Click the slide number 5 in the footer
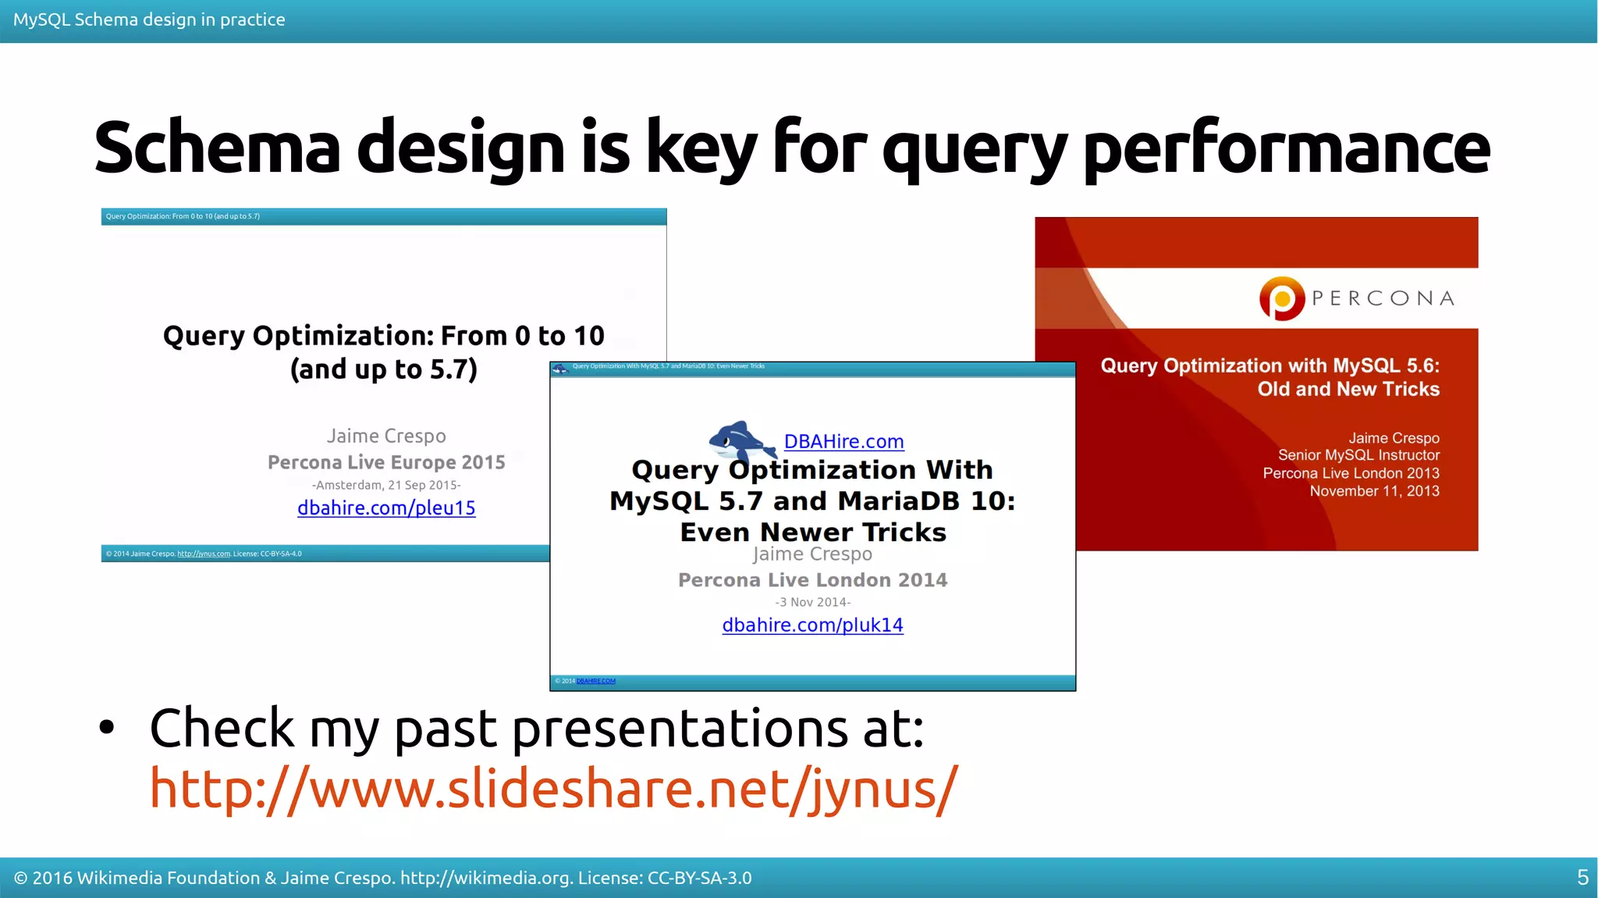(1582, 878)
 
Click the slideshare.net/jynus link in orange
(553, 789)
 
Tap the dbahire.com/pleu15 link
(386, 508)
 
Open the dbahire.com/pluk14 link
(812, 625)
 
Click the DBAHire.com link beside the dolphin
(843, 442)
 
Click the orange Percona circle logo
(1281, 298)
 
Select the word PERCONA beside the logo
(1383, 298)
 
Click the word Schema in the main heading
(217, 148)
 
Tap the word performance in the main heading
(1287, 148)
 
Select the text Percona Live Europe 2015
(386, 462)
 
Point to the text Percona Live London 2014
(812, 580)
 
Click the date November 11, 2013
(1374, 491)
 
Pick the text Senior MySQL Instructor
(1358, 455)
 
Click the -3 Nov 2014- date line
(812, 602)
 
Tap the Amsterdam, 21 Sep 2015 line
(386, 485)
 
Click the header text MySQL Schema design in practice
(149, 20)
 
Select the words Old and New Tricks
(1348, 389)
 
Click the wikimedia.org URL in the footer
(486, 878)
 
